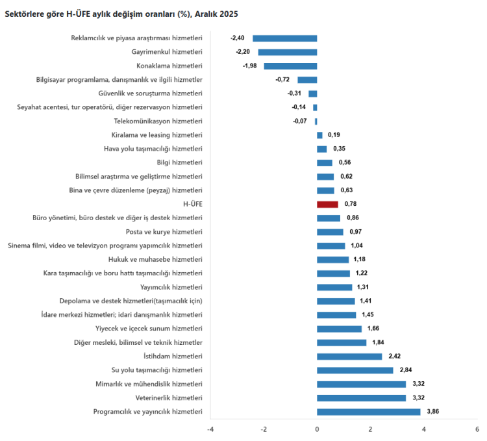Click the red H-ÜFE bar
coord(327,204)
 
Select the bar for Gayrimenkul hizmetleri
coord(288,52)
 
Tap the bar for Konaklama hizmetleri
coord(290,66)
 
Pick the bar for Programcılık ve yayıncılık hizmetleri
coord(368,412)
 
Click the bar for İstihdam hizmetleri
coord(349,357)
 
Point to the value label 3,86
coord(433,412)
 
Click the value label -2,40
coord(237,38)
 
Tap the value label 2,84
coord(406,370)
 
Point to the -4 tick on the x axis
coord(210,429)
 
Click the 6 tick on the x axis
coord(477,429)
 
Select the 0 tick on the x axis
coord(317,429)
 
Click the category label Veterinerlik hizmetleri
coord(169,397)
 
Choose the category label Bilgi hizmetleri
coord(180,162)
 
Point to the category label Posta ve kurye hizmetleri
coord(164,232)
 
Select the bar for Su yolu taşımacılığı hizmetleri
coord(355,370)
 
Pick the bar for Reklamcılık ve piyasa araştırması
coord(284,38)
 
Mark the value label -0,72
coord(282,80)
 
